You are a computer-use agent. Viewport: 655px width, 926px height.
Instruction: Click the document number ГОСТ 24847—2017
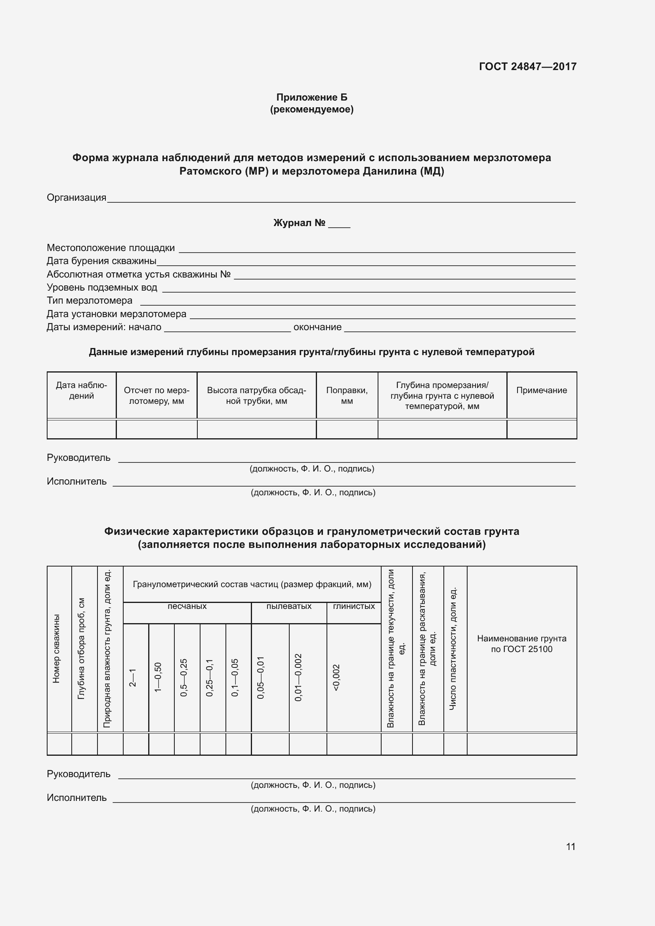(x=527, y=67)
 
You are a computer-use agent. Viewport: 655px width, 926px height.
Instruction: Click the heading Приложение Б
(x=311, y=97)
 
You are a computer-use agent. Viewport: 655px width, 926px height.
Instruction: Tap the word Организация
(x=76, y=198)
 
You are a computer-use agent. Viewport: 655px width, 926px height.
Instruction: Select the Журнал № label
(x=299, y=223)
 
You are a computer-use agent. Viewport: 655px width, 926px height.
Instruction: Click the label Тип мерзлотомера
(x=89, y=300)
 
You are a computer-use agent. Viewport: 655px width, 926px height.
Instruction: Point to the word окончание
(x=317, y=327)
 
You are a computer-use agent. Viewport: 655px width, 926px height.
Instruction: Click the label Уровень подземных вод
(x=102, y=287)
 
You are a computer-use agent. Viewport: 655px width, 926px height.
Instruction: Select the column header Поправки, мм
(x=347, y=395)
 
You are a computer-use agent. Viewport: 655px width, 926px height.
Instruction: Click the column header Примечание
(x=541, y=390)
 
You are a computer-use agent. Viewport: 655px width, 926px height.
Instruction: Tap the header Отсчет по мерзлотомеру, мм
(x=156, y=395)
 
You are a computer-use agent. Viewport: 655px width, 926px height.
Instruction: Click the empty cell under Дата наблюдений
(x=81, y=430)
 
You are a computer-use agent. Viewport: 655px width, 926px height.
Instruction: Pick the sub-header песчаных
(x=187, y=606)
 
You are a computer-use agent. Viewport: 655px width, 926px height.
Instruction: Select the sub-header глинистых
(x=353, y=606)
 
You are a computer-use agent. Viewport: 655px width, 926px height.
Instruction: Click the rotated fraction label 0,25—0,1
(x=210, y=677)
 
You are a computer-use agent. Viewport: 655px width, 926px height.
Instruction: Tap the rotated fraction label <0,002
(x=336, y=677)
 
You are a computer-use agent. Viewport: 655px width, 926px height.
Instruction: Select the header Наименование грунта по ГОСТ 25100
(x=521, y=644)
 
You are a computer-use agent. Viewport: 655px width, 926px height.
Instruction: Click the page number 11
(x=570, y=846)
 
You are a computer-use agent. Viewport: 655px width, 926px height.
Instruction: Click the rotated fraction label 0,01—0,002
(x=298, y=677)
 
